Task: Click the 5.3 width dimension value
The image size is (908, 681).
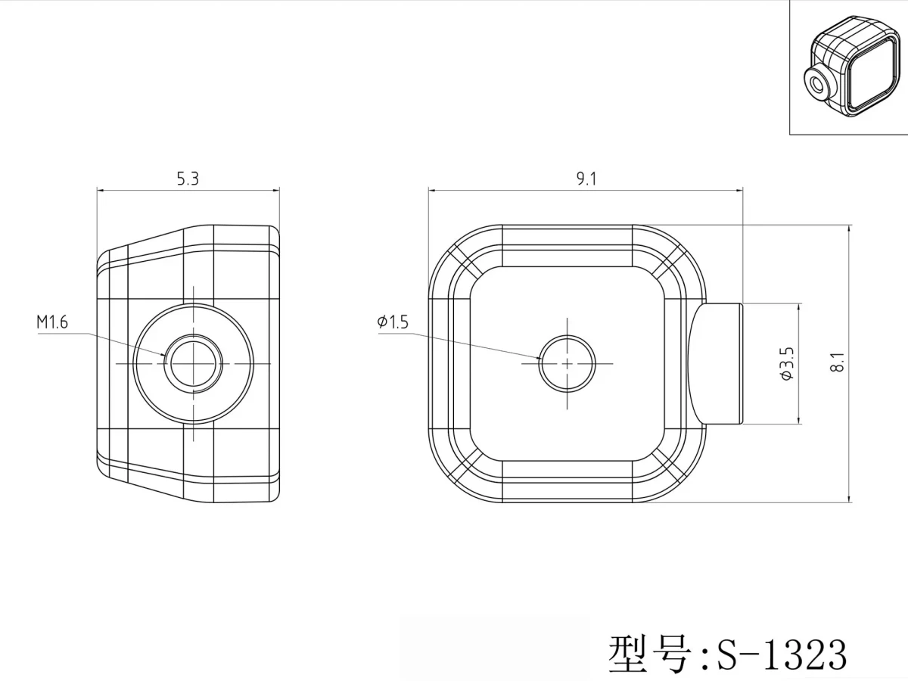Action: pos(188,179)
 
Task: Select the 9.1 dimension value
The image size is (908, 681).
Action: pos(586,179)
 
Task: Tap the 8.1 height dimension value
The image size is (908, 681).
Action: pos(838,362)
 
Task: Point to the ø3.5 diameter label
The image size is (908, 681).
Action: pos(787,363)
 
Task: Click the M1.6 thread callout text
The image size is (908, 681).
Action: pos(52,322)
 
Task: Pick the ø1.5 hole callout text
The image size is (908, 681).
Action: pos(393,322)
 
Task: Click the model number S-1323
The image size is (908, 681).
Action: pos(782,655)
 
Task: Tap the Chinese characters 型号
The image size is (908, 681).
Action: pos(649,654)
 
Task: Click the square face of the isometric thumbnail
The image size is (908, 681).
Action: pos(872,74)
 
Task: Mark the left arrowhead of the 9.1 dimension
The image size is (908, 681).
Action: pos(434,191)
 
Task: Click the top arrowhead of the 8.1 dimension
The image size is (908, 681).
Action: pos(849,230)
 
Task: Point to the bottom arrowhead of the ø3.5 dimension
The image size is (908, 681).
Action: pos(798,418)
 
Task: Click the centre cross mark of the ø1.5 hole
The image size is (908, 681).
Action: pos(567,363)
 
